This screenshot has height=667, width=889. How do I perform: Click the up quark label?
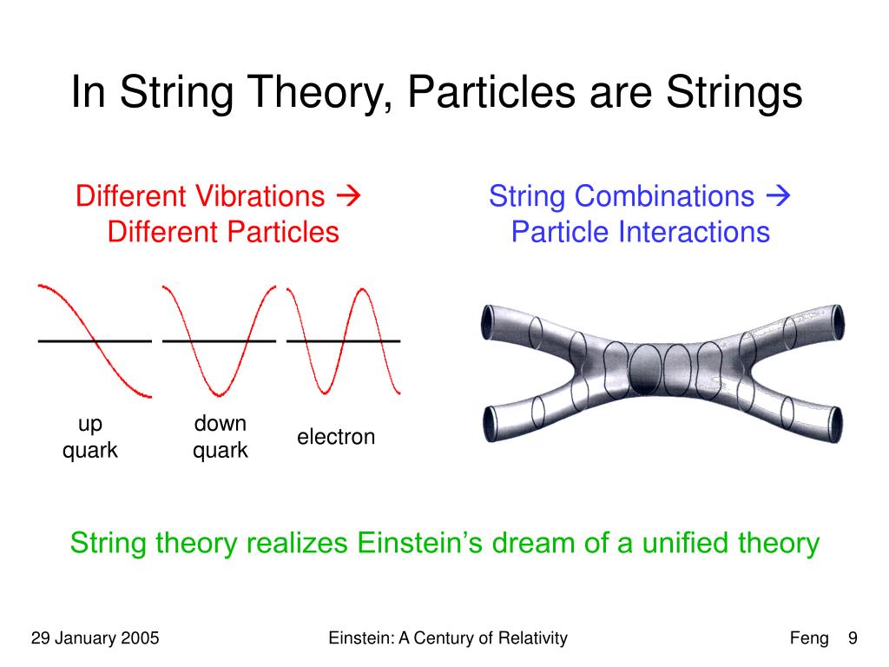coord(89,437)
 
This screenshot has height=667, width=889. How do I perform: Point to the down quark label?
coord(220,437)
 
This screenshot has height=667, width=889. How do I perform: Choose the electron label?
coord(336,437)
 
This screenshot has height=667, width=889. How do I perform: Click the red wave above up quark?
coord(95,340)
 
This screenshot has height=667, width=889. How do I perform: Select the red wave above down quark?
coord(219,340)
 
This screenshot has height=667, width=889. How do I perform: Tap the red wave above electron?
coord(343,340)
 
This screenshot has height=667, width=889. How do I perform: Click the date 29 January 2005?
coord(95,639)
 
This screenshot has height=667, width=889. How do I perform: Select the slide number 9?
coord(853,639)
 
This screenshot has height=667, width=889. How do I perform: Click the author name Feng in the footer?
coord(809,639)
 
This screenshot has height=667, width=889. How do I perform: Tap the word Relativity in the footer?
coord(530,639)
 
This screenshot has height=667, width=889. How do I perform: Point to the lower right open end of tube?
coord(835,424)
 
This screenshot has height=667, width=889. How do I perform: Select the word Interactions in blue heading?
coord(694,232)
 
